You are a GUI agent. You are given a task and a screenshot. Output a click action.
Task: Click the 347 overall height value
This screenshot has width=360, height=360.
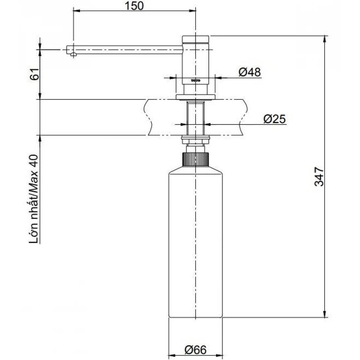coord(319,177)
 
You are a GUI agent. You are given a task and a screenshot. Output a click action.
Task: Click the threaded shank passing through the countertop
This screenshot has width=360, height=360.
coord(196,117)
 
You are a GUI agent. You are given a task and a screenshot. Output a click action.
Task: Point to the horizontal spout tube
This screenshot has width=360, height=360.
coord(129,50)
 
